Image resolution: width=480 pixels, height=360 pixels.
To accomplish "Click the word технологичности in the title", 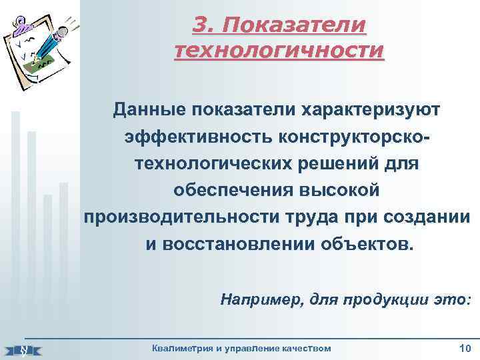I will coord(279,51).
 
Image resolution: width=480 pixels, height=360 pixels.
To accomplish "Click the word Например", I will coord(255,300).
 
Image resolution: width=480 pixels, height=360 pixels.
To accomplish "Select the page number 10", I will coord(465,349).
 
